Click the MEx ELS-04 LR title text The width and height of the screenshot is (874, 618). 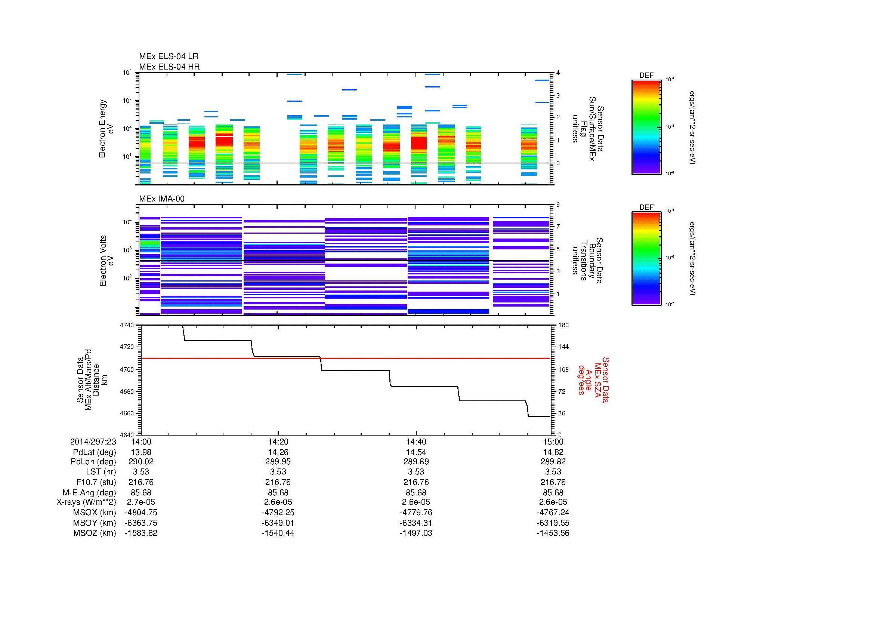point(168,56)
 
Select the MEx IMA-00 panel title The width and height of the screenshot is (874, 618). point(162,199)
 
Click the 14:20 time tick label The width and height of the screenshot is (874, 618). point(278,442)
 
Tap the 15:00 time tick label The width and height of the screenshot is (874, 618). point(553,442)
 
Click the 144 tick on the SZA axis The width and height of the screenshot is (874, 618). point(563,347)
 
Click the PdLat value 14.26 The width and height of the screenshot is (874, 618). point(278,452)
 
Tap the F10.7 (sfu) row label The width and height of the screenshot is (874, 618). point(96,482)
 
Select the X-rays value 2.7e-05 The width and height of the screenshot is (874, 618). point(141,502)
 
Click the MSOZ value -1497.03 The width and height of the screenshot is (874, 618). point(416,533)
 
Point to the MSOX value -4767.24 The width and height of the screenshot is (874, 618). point(553,513)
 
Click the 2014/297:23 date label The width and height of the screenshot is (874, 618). point(93,442)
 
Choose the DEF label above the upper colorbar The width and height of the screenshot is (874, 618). point(646,76)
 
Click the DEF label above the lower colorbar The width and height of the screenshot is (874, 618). point(646,207)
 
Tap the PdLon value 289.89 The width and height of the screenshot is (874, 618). point(416,462)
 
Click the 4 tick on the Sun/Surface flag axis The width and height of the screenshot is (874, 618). point(558,73)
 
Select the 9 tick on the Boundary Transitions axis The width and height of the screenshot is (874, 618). point(558,205)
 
